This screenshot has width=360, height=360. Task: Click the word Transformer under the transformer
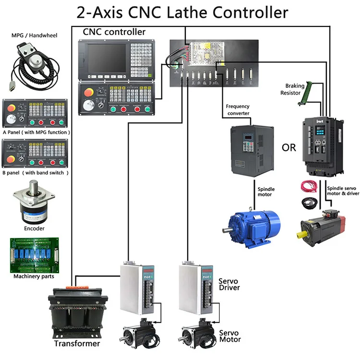coord(77,344)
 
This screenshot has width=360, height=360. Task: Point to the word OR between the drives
coord(289,148)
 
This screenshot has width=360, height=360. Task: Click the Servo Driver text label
coord(229,284)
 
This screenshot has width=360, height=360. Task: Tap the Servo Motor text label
coord(229,336)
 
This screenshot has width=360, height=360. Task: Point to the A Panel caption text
coord(36,132)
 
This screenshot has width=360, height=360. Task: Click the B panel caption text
coord(36,172)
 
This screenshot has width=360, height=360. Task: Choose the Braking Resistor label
coord(292,89)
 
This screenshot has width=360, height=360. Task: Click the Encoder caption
coord(34,228)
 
